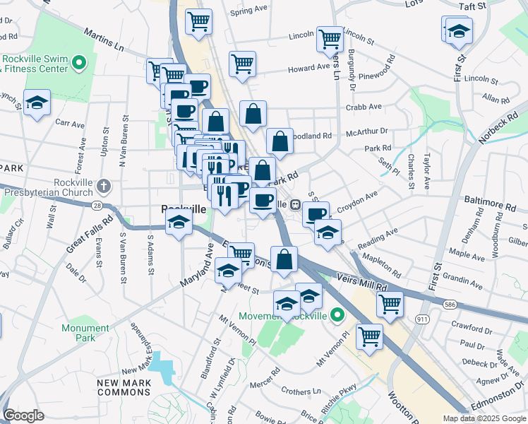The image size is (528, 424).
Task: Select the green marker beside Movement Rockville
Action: click(x=337, y=314)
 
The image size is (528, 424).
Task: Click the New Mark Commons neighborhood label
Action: click(x=124, y=387)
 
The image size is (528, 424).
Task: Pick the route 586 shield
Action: click(x=450, y=304)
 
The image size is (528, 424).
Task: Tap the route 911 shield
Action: click(x=423, y=319)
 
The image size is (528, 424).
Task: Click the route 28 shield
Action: click(x=96, y=206)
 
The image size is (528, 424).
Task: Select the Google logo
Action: click(x=24, y=416)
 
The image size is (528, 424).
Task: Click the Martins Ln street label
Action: click(x=103, y=41)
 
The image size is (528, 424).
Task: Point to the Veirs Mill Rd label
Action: click(x=363, y=282)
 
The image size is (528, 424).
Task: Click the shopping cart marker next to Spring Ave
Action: click(x=199, y=21)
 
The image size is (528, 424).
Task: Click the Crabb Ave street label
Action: click(x=364, y=107)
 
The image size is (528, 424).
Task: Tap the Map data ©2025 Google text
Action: click(x=484, y=418)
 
